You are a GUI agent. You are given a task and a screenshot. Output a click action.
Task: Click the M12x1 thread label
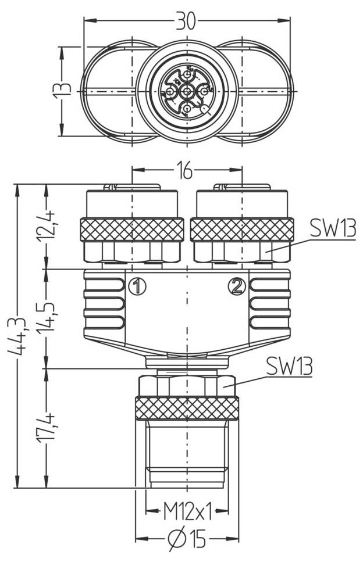click(187, 511)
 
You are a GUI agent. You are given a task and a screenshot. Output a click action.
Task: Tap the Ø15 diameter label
click(187, 539)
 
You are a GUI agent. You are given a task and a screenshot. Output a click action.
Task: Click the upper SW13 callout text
click(332, 228)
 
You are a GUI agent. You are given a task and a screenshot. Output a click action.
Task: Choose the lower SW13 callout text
click(289, 366)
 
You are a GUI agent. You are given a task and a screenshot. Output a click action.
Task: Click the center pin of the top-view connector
click(187, 91)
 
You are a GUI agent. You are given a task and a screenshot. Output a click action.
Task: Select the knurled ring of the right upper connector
click(242, 229)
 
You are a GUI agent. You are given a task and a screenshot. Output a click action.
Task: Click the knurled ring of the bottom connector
click(187, 408)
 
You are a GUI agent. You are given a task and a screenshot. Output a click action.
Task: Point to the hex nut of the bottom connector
click(187, 385)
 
